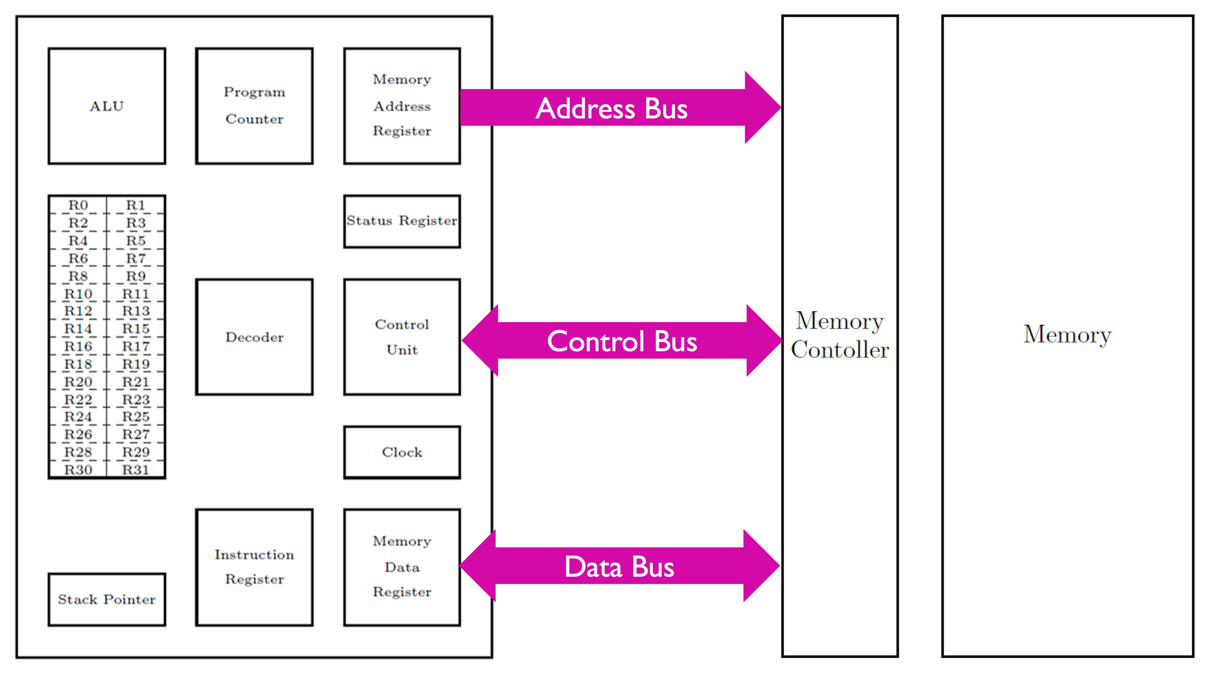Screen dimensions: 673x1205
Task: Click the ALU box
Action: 107,106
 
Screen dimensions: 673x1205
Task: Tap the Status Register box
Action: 402,221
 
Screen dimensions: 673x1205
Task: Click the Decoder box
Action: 254,337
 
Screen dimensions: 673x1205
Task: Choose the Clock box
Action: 402,452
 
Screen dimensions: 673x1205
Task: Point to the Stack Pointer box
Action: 107,599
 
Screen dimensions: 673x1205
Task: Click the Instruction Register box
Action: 254,567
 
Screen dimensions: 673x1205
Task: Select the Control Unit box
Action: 402,337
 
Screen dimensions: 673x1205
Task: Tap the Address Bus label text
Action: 612,109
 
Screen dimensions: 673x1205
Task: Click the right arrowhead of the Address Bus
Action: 763,107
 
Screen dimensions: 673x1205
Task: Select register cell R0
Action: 78,205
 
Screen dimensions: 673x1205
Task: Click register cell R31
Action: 136,470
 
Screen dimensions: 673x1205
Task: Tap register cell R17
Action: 136,346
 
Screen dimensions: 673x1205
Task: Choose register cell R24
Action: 78,417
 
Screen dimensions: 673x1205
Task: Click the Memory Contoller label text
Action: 840,335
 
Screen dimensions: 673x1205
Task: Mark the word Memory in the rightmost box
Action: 1067,335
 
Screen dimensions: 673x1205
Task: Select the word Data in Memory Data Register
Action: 402,567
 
